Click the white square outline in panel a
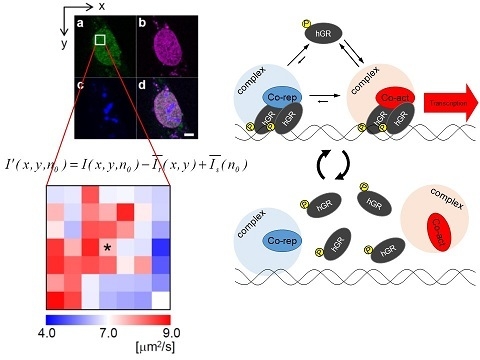click(101, 40)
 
